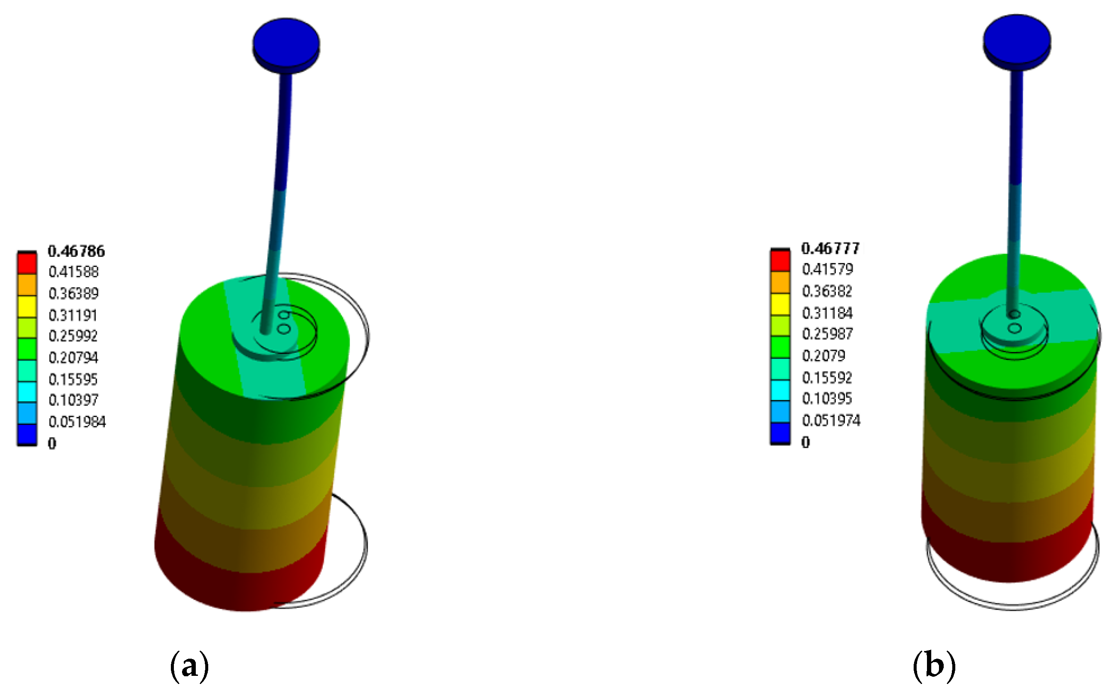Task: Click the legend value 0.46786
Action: pyautogui.click(x=76, y=251)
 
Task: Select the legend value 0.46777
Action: pyautogui.click(x=830, y=248)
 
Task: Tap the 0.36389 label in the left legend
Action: pyautogui.click(x=73, y=293)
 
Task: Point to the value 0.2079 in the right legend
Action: pyautogui.click(x=823, y=356)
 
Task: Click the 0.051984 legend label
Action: pyautogui.click(x=77, y=422)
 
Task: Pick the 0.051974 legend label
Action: pyautogui.click(x=831, y=420)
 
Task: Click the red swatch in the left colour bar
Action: pyautogui.click(x=27, y=263)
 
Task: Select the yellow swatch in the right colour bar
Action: pyautogui.click(x=780, y=304)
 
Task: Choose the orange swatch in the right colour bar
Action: pyautogui.click(x=780, y=282)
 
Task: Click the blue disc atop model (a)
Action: pyautogui.click(x=286, y=42)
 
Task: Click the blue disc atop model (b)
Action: pyautogui.click(x=1017, y=39)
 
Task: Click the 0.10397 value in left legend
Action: pyautogui.click(x=73, y=400)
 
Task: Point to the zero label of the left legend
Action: pyautogui.click(x=52, y=443)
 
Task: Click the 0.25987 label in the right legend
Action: pyautogui.click(x=827, y=334)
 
